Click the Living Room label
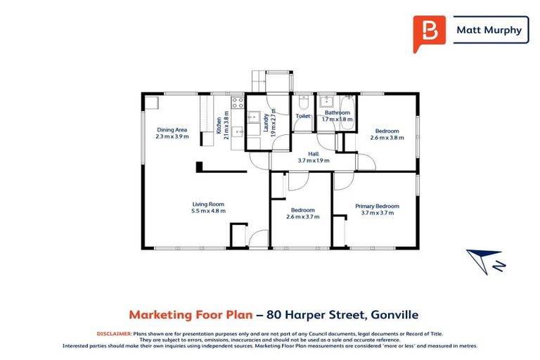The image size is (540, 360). tap(207, 204)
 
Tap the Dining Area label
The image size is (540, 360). tap(172, 129)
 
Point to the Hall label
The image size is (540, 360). tap(314, 153)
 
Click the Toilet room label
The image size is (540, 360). tap(303, 116)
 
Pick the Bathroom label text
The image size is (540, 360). tap(337, 112)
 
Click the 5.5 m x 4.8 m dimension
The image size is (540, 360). tap(207, 211)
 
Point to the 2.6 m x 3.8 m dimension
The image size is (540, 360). tap(387, 138)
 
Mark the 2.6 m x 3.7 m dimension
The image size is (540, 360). tap(303, 217)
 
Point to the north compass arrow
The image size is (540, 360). tap(484, 261)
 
